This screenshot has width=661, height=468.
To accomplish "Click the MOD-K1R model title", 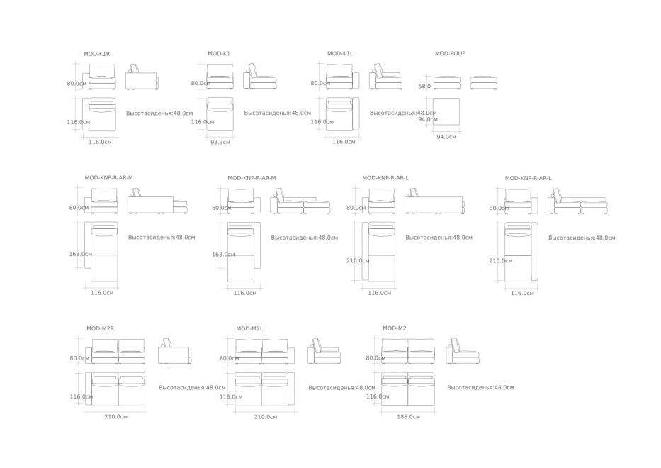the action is coord(96,54).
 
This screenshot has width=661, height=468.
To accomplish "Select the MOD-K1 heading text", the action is coord(219,54).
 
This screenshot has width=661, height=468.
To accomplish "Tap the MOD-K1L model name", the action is coord(340,54).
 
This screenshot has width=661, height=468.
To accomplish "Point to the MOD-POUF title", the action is coord(450,54).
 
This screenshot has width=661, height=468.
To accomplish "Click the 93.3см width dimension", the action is coord(220,143).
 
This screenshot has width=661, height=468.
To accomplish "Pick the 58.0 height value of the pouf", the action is coord(424,86).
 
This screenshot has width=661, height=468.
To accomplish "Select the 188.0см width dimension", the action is coord(409,417).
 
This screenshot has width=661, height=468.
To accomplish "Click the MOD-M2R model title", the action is coord(101,328).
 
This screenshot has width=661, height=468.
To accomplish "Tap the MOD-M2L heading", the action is coord(249,329).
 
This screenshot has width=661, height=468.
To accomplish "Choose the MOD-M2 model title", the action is coord(395,328).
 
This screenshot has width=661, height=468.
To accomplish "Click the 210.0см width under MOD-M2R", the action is coord(116,416).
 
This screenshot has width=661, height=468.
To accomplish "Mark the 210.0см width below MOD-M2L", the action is coord(266,417).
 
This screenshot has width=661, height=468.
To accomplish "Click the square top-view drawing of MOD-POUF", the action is coord(446,111).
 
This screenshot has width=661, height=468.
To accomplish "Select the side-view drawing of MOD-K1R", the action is coord(142,77).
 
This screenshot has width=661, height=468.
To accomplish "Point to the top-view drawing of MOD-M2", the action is coord(408,389).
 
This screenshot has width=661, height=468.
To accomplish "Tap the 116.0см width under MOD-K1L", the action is coord(344,142).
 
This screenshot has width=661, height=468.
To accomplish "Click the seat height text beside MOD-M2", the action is coord(480,387).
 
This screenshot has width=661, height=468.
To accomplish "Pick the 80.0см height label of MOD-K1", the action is coord(200,83).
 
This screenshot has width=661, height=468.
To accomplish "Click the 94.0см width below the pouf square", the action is coord(446,137).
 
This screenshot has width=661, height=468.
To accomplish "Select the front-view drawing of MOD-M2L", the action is coord(265,351).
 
